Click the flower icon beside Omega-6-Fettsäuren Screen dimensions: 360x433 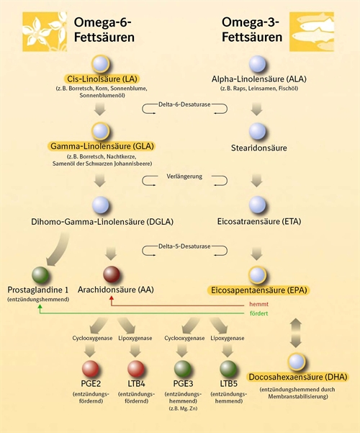[x=45, y=32]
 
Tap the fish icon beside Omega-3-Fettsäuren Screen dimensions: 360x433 [x=312, y=32]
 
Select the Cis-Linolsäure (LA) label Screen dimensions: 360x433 [x=102, y=79]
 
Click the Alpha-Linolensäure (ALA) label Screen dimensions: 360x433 [x=259, y=79]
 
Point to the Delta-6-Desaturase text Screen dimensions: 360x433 [x=184, y=104]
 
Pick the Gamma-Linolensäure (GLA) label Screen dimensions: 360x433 [x=102, y=146]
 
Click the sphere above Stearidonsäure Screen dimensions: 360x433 [x=258, y=131]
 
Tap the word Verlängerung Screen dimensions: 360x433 [x=184, y=177]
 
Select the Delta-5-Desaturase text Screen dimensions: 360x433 [x=184, y=246]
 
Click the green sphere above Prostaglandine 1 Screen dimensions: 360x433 [x=40, y=275]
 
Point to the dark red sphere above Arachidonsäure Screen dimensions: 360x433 [x=112, y=274]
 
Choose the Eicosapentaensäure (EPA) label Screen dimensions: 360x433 [x=259, y=290]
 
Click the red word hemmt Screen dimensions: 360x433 [x=258, y=304]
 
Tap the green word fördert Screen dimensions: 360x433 [x=258, y=313]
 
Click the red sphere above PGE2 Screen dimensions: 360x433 [x=91, y=369]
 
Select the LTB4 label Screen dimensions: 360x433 [x=136, y=383]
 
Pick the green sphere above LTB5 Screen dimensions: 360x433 [x=228, y=369]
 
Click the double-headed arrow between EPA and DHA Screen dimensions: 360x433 [x=296, y=333]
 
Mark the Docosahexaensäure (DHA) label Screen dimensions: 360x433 [x=298, y=377]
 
